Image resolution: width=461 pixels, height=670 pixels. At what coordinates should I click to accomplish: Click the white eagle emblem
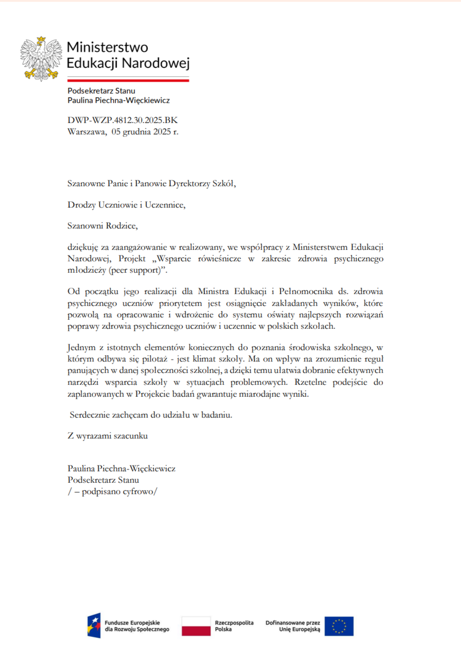41,58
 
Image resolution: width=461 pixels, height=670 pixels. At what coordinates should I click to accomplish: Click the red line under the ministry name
128,80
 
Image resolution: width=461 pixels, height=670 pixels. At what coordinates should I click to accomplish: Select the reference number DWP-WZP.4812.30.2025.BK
122,120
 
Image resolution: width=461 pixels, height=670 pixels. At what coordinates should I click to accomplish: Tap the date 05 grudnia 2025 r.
145,132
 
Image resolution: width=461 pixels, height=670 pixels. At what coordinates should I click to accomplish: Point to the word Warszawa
87,132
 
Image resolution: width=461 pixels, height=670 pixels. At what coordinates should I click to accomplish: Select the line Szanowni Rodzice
102,226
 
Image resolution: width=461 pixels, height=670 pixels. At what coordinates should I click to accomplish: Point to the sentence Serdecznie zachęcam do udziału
151,415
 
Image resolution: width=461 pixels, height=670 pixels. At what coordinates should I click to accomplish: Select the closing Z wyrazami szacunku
108,436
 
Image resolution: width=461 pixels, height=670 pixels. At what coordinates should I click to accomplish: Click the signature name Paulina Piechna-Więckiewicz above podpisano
121,469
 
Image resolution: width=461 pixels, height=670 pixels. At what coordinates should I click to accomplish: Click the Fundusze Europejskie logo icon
94,625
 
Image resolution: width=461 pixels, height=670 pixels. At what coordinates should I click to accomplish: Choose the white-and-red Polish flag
196,626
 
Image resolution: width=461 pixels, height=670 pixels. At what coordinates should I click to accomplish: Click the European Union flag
339,626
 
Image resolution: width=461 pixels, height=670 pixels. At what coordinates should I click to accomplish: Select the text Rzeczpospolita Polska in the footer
234,626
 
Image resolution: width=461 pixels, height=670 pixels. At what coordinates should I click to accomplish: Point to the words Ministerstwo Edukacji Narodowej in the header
128,55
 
